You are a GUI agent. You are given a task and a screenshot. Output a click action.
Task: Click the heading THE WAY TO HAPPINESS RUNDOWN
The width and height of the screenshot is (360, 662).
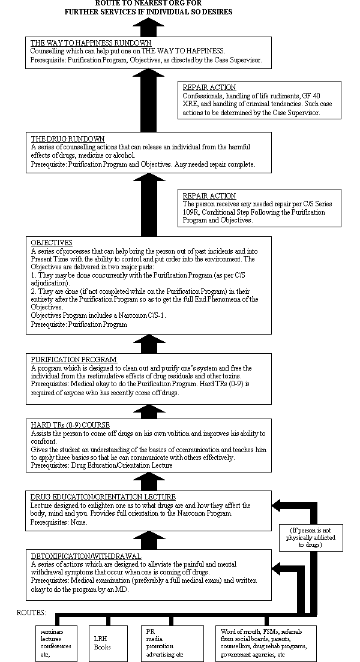point(91,43)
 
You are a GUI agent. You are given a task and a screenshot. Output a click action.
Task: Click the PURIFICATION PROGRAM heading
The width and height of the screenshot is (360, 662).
point(74,360)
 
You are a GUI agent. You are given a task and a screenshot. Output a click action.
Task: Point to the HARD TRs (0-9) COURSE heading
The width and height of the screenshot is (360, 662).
point(70,425)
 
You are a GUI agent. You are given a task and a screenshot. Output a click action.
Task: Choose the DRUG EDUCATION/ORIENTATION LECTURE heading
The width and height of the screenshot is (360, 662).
point(103,497)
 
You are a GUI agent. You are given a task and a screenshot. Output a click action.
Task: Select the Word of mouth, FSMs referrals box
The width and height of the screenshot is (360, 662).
point(264,642)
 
